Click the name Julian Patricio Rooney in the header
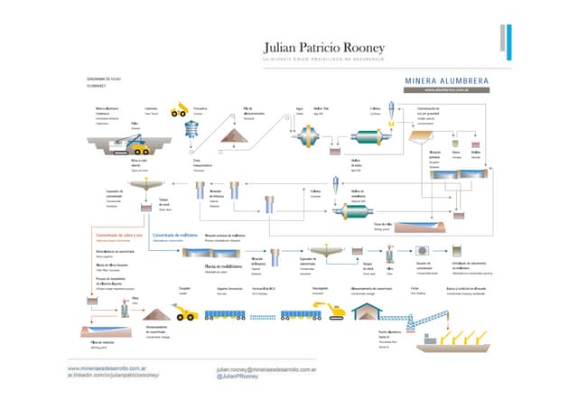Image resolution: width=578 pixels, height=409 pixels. click(323, 46)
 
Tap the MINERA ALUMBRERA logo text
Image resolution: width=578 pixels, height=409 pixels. click(447, 79)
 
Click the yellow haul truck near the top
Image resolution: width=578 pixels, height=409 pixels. click(179, 111)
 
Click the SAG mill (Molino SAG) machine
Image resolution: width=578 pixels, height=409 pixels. click(309, 136)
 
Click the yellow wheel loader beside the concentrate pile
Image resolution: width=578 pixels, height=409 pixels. click(188, 312)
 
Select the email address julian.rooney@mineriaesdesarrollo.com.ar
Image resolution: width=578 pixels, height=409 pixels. click(266, 369)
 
